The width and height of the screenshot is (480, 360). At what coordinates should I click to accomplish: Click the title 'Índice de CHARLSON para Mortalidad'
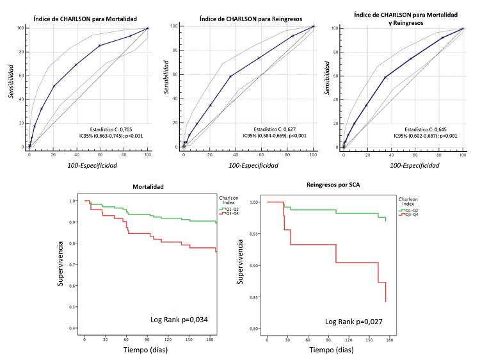point(83,11)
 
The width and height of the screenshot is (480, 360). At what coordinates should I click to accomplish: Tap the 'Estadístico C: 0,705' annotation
point(111,129)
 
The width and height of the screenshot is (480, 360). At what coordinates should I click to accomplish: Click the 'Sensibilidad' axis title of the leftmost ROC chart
point(11,80)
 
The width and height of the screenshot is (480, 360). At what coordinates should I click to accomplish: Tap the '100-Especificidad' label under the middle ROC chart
point(248,166)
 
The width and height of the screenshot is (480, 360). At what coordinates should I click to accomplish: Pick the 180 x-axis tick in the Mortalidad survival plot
point(210,339)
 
